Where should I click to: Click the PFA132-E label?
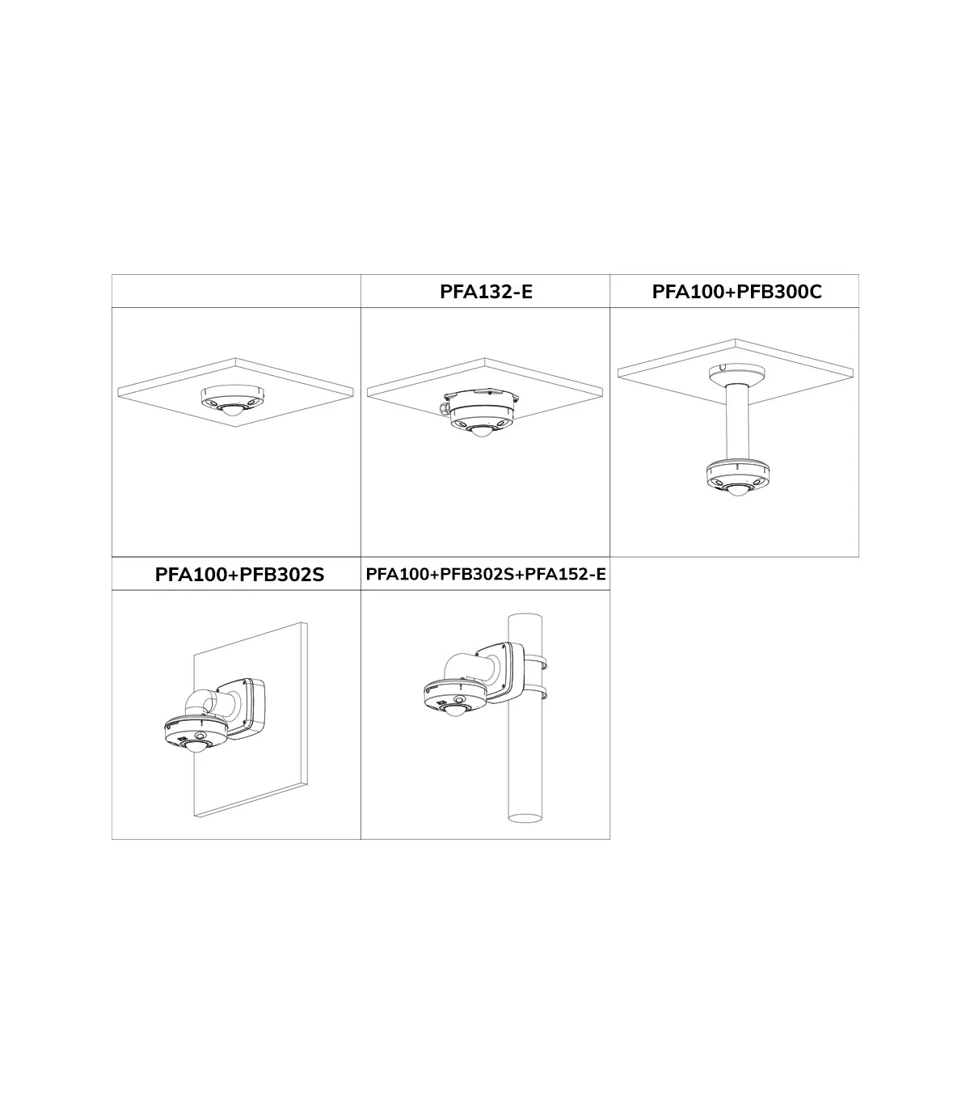click(486, 292)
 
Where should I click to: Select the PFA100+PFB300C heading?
click(736, 292)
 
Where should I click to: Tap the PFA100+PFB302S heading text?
click(239, 575)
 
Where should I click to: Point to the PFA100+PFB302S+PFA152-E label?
click(486, 574)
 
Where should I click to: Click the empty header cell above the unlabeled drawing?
click(236, 291)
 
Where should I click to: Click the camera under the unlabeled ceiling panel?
click(233, 401)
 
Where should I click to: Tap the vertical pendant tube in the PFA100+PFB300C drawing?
click(737, 422)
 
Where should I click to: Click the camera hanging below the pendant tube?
click(737, 478)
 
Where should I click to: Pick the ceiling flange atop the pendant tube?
click(737, 373)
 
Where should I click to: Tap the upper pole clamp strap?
click(535, 662)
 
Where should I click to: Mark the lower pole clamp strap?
click(535, 693)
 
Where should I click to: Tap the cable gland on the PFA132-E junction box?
click(445, 407)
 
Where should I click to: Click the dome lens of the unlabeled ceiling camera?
click(233, 411)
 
